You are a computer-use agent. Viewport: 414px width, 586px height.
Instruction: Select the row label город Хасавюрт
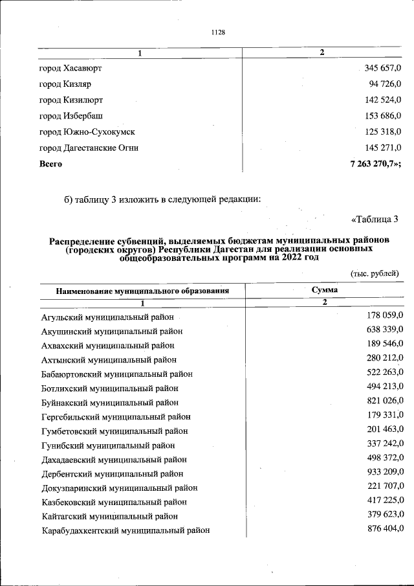[x=71, y=68]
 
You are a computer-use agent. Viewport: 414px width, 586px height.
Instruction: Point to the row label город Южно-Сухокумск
[x=87, y=132]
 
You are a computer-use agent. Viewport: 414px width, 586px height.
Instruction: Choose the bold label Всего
[x=51, y=164]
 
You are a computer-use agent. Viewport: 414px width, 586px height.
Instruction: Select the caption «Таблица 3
[x=375, y=218]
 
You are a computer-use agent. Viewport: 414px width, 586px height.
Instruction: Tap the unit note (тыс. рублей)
[x=375, y=273]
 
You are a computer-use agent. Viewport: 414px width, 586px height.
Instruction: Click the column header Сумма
[x=324, y=291]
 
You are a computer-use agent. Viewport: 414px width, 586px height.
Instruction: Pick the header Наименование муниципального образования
[x=142, y=291]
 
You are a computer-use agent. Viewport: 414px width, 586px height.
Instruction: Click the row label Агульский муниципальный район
[x=107, y=317]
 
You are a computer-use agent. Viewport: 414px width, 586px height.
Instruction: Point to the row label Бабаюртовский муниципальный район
[x=117, y=374]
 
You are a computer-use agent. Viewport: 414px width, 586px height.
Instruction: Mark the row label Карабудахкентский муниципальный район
[x=125, y=530]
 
